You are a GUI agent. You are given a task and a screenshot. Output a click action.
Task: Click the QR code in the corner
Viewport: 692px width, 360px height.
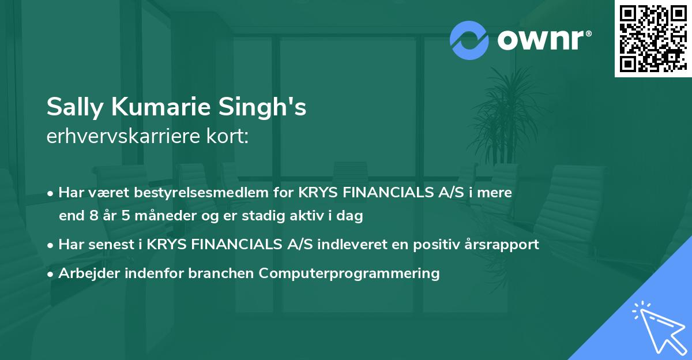652,39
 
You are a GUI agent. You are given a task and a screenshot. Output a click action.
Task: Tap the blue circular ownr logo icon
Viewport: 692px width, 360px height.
469,40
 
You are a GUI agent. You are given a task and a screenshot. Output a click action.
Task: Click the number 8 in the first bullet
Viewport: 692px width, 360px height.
91,216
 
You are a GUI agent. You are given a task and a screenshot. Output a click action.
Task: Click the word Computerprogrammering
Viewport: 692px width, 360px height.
349,273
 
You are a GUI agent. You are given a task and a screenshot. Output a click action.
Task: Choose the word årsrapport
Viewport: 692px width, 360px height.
503,244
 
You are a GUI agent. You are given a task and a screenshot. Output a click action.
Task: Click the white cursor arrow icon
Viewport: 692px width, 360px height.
657,325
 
